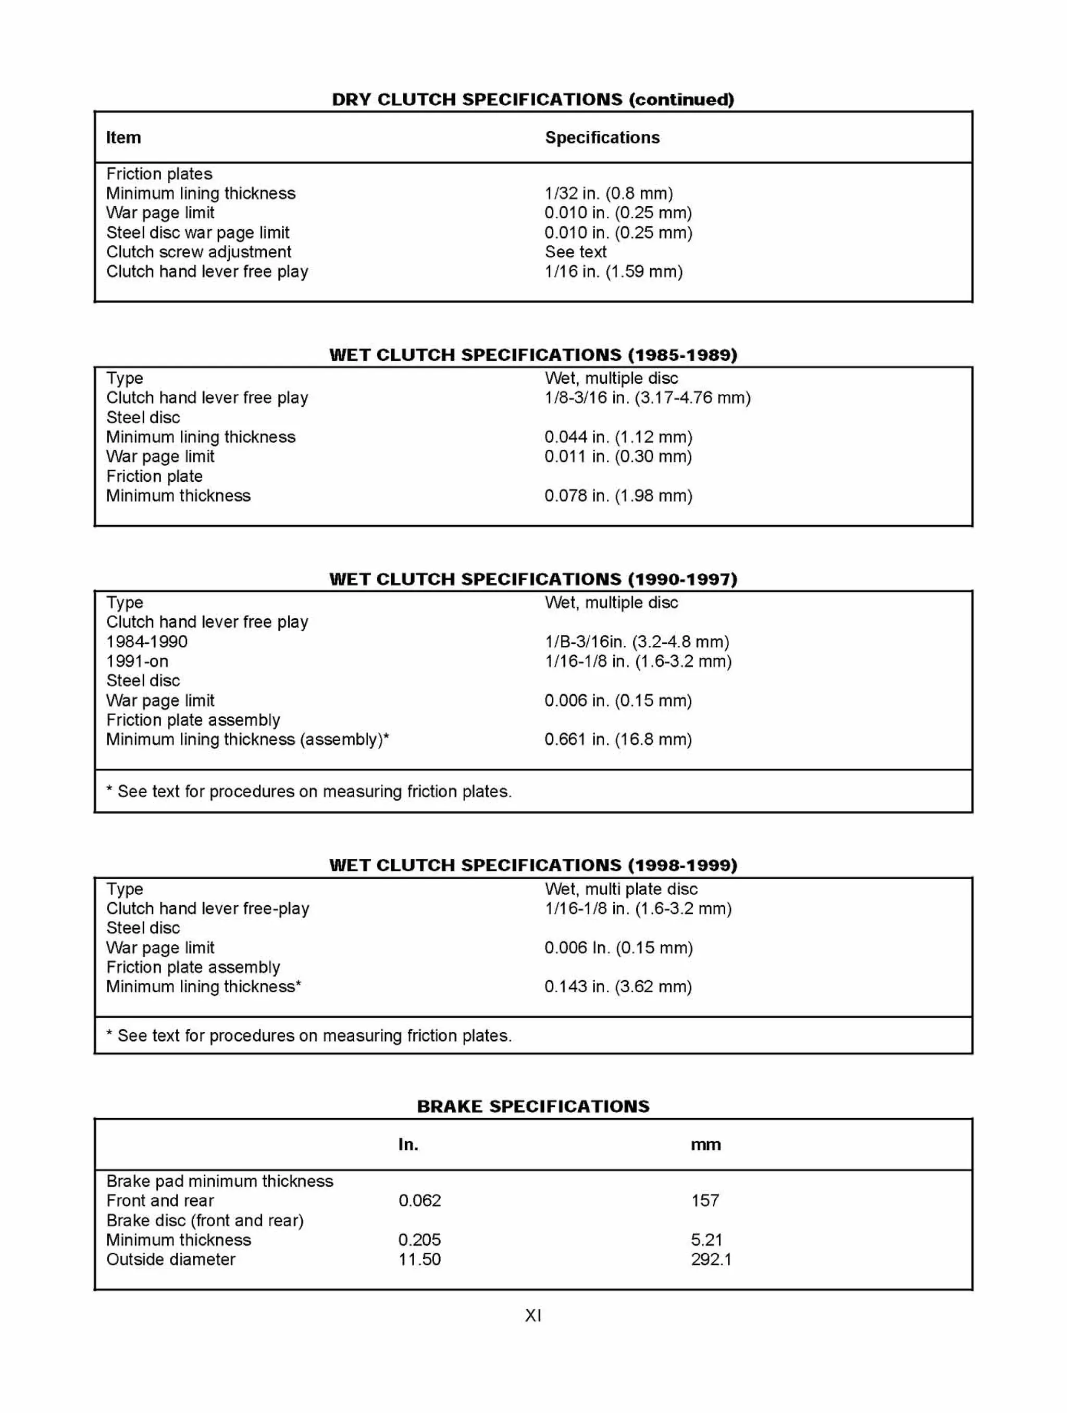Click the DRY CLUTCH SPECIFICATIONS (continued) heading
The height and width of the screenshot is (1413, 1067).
[533, 99]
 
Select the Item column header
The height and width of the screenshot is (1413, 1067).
[123, 138]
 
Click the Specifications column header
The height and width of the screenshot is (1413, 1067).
[602, 138]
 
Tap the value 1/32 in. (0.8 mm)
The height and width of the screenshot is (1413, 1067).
[608, 194]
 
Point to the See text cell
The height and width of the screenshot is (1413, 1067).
[575, 252]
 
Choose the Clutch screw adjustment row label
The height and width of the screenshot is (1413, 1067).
[198, 252]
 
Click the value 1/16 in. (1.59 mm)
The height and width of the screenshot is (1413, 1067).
[613, 271]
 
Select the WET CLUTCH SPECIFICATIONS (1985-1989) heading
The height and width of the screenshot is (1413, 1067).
[533, 355]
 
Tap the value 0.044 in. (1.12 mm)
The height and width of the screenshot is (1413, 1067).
[618, 437]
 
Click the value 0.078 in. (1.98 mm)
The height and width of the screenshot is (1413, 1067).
[618, 496]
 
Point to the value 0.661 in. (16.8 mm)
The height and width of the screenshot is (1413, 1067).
[618, 740]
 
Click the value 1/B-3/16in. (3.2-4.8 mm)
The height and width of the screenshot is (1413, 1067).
[636, 642]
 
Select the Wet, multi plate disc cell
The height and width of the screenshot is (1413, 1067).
[621, 889]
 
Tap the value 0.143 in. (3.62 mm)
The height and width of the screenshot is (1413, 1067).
[618, 987]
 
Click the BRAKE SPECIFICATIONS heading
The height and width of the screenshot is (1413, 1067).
[533, 1107]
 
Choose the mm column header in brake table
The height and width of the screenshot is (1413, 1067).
[705, 1145]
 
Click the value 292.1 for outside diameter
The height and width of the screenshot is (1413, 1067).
[711, 1260]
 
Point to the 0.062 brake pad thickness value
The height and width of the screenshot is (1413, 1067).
[419, 1201]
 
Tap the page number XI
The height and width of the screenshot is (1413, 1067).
[533, 1315]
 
